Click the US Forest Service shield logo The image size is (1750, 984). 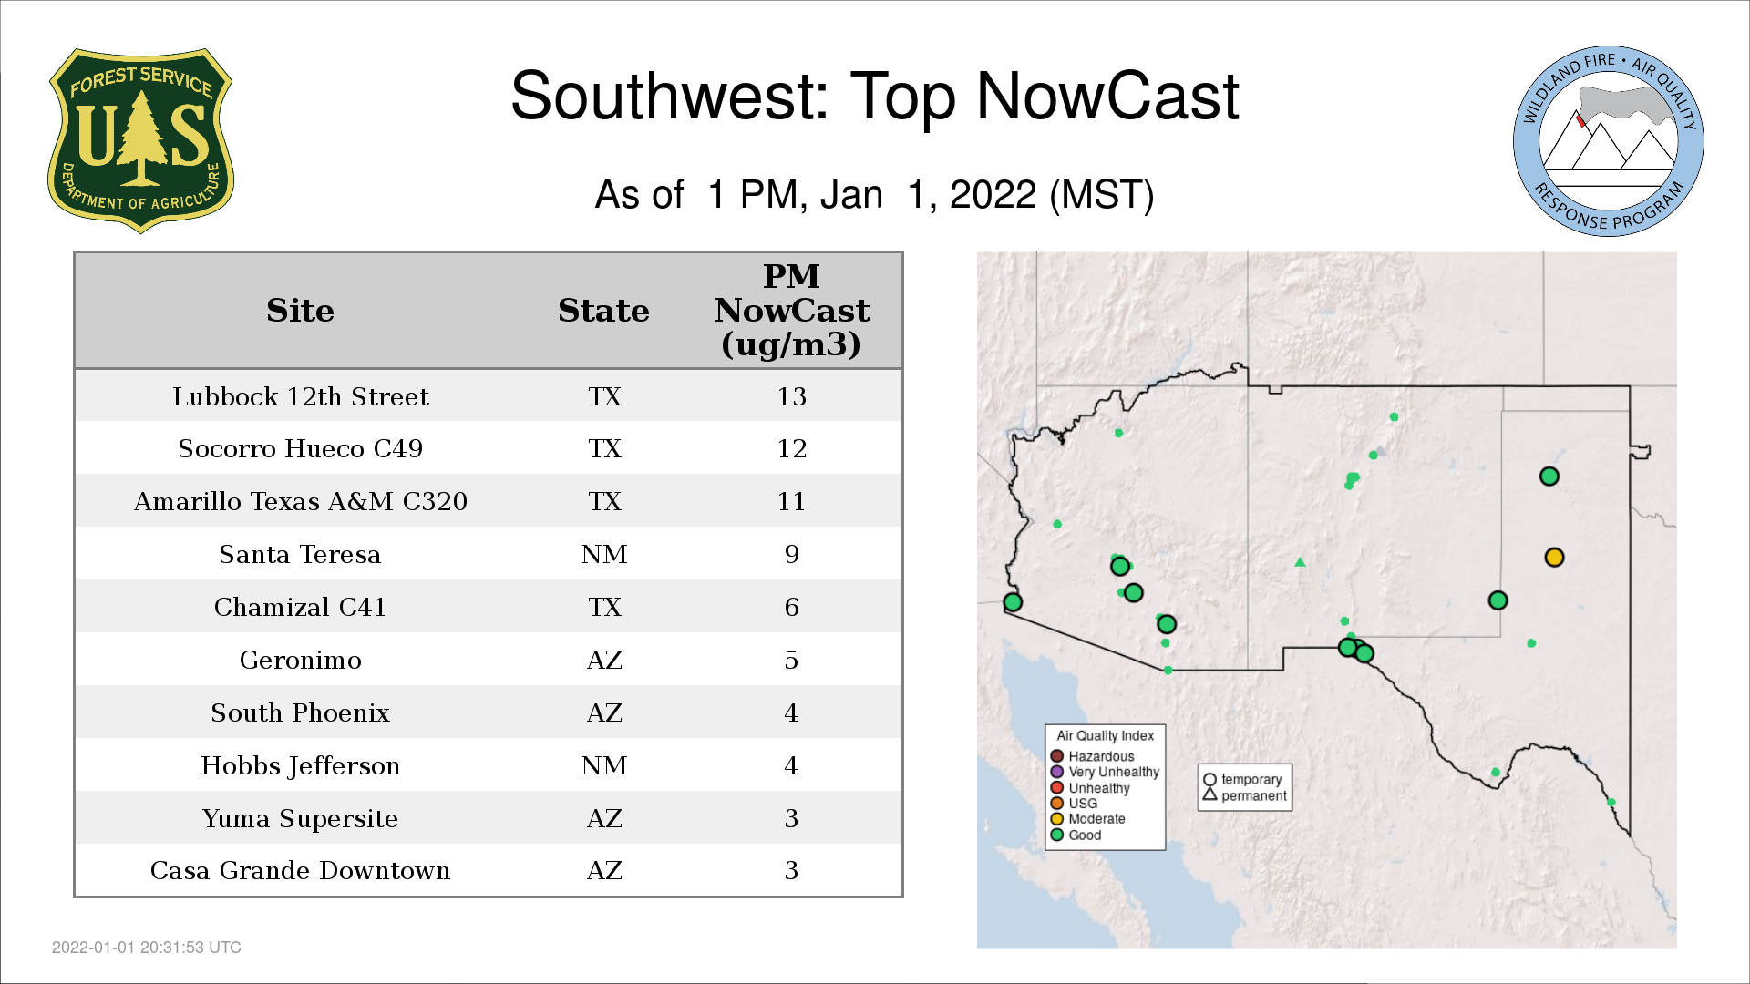pyautogui.click(x=140, y=140)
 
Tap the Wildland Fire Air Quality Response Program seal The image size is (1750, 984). pyautogui.click(x=1608, y=141)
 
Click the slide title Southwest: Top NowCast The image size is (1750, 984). pyautogui.click(x=875, y=96)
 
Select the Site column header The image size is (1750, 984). pyautogui.click(x=300, y=311)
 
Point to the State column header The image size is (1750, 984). pyautogui.click(x=603, y=311)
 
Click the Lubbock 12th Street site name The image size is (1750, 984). pyautogui.click(x=301, y=396)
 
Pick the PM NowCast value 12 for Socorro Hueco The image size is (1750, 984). pyautogui.click(x=791, y=448)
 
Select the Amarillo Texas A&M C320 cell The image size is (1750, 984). pyautogui.click(x=301, y=501)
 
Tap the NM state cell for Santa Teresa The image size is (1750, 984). pyautogui.click(x=604, y=554)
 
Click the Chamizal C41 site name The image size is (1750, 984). pyautogui.click(x=300, y=607)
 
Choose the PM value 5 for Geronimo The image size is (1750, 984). pyautogui.click(x=791, y=660)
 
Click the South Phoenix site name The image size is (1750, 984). pyautogui.click(x=300, y=712)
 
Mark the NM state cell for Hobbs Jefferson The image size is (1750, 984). pyautogui.click(x=604, y=765)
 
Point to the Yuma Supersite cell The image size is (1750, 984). pyautogui.click(x=300, y=818)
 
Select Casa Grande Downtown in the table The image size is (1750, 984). pyautogui.click(x=300, y=870)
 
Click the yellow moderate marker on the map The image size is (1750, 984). pyautogui.click(x=1554, y=557)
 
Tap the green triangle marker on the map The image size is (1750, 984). pyautogui.click(x=1301, y=562)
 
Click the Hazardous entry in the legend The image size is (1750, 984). pyautogui.click(x=1093, y=756)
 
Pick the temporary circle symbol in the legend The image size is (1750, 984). pyautogui.click(x=1210, y=780)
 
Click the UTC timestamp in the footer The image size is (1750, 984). pyautogui.click(x=147, y=948)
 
